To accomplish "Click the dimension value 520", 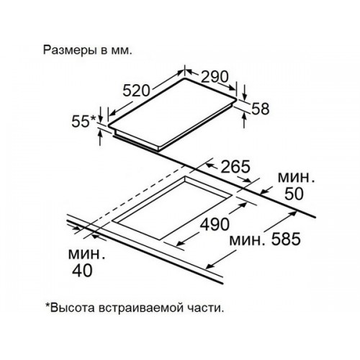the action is click(136, 91).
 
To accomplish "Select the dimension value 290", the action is click(215, 76).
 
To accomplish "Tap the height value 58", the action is click(261, 109).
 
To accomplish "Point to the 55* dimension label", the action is click(84, 121).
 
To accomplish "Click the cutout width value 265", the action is click(235, 166).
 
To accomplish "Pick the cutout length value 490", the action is click(215, 225).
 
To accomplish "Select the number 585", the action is click(286, 239).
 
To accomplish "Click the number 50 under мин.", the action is click(294, 194).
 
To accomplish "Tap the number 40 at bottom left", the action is click(82, 271).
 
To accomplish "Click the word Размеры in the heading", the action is click(71, 51).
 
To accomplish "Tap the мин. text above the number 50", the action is click(296, 178).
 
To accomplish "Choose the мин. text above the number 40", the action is click(87, 254).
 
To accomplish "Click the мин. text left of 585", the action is click(248, 240).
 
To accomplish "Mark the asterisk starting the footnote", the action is click(48, 305).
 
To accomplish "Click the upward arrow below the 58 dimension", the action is click(244, 120).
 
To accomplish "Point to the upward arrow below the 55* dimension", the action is click(100, 138).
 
